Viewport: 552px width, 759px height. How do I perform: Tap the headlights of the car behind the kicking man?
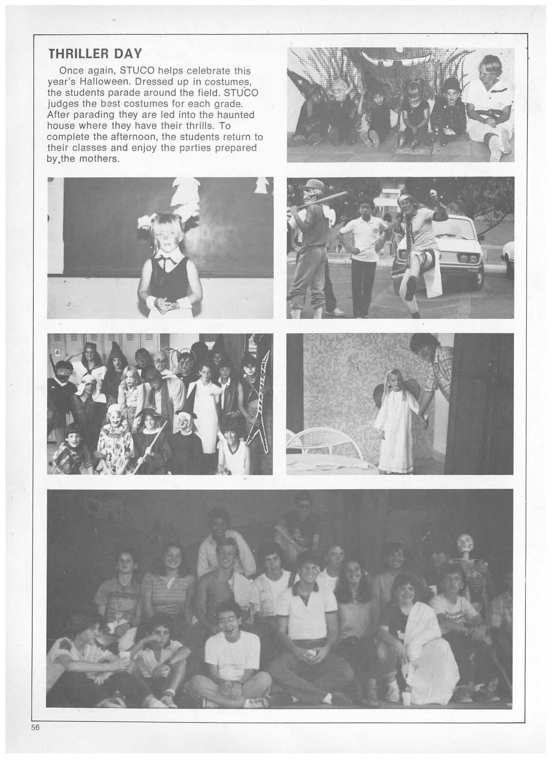click(467, 258)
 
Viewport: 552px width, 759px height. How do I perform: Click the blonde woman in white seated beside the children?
click(488, 104)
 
